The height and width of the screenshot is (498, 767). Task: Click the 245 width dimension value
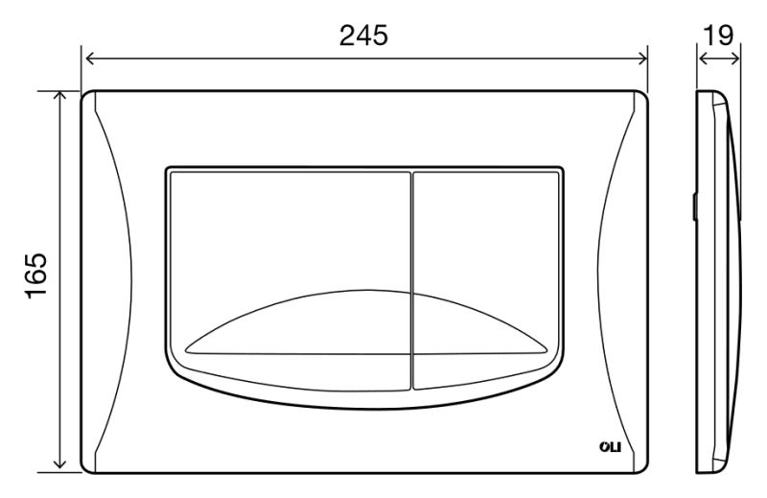(363, 36)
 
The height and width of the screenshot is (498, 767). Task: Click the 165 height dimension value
(36, 275)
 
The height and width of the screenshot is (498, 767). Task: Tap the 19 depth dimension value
(718, 35)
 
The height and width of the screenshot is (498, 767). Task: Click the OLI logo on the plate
(610, 446)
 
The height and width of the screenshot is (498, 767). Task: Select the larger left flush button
(291, 280)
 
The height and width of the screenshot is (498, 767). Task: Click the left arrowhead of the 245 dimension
(90, 59)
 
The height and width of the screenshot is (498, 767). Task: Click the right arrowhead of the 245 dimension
(642, 59)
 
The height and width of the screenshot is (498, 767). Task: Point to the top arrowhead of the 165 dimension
(59, 96)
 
